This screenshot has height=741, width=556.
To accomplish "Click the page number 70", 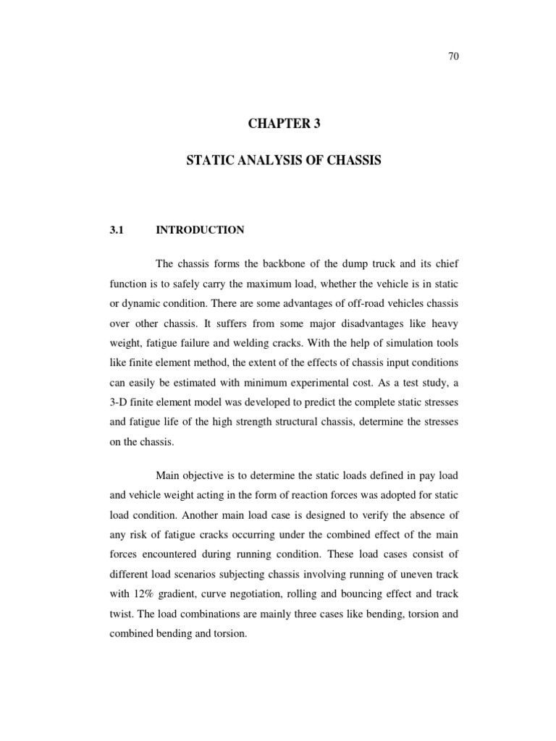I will [x=455, y=59].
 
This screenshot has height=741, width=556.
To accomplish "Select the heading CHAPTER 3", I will [x=283, y=124].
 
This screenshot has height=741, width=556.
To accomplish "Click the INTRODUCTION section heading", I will [x=200, y=230].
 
